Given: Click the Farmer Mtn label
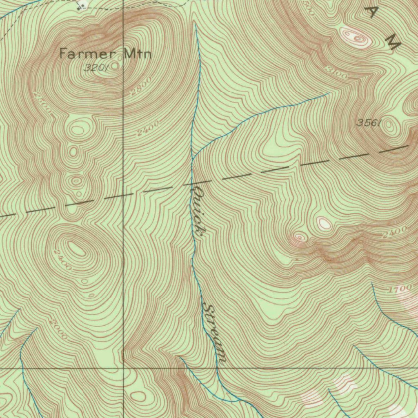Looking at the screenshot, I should [105, 53].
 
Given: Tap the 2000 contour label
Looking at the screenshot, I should [58, 329].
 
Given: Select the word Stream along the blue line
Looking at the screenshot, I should [215, 333].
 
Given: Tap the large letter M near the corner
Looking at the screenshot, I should [393, 42].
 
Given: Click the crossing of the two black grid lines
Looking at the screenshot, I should [124, 368].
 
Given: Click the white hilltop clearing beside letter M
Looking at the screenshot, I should [356, 38].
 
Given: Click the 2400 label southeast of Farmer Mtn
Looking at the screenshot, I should [147, 131].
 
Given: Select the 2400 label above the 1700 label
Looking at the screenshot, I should [394, 232].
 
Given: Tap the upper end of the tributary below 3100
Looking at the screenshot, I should [329, 93].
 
